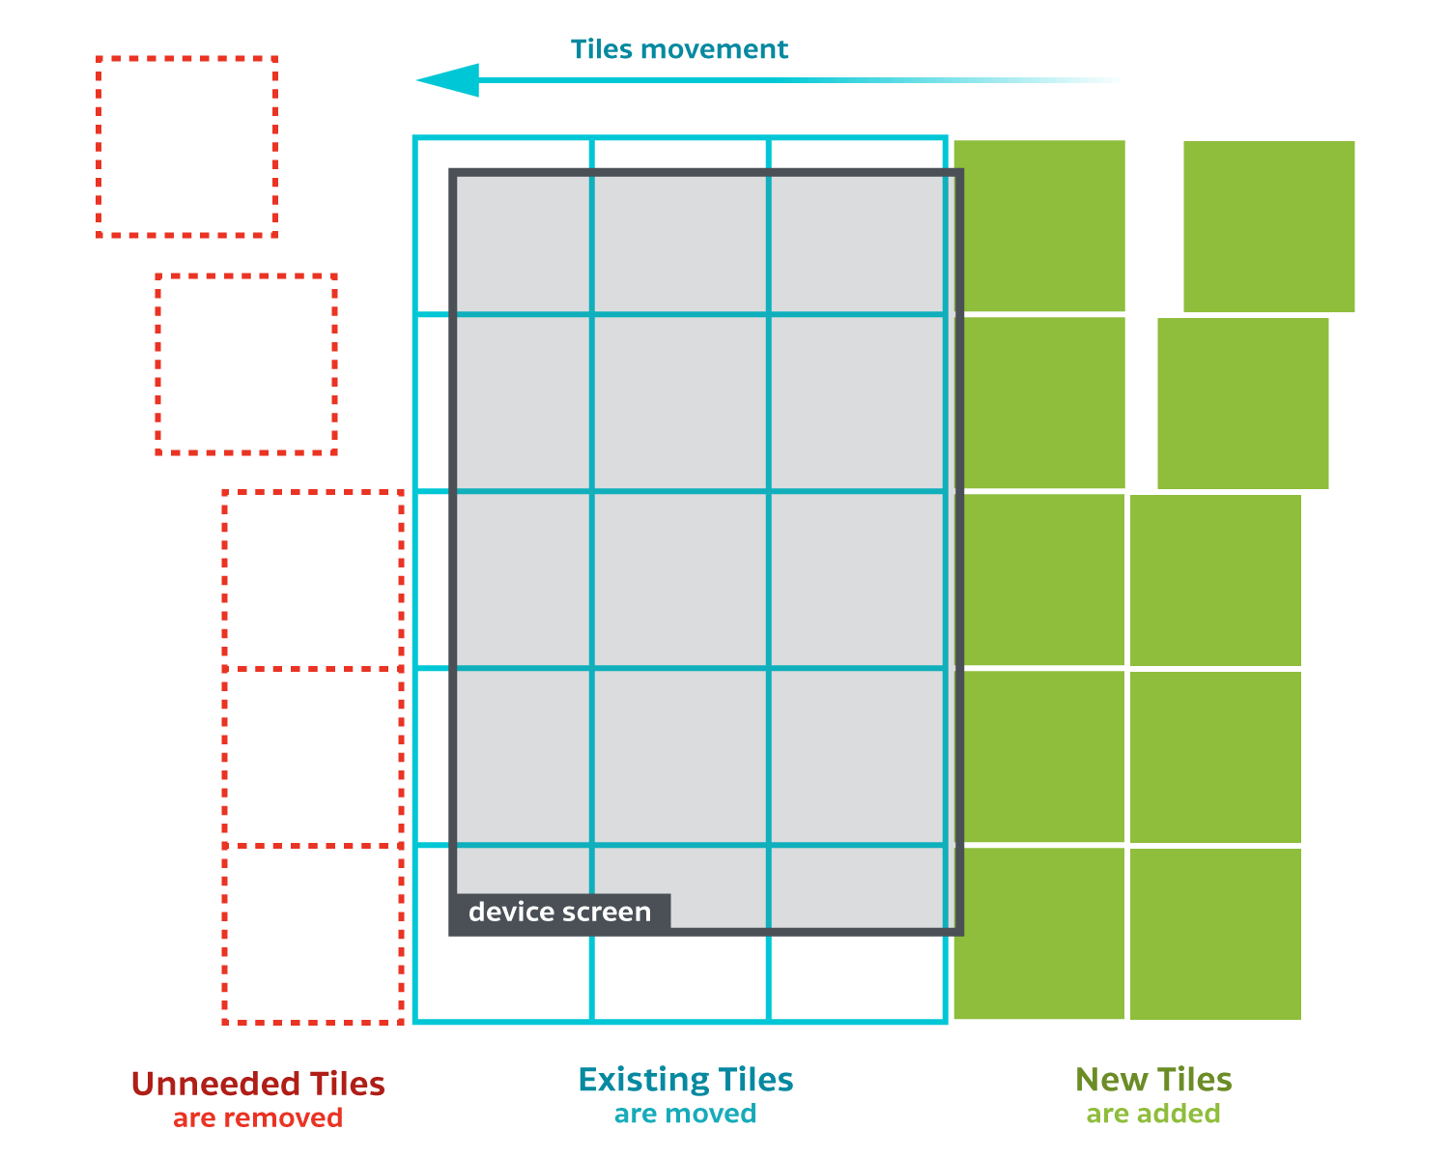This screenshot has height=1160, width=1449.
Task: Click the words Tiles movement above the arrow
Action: pyautogui.click(x=679, y=49)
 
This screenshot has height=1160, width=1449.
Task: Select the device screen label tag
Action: pyautogui.click(x=560, y=913)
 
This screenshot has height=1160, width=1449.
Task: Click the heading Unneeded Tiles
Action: pyautogui.click(x=258, y=1084)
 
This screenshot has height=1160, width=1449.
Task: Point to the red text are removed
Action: pyautogui.click(x=258, y=1118)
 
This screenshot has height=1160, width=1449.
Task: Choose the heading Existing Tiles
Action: pyautogui.click(x=686, y=1079)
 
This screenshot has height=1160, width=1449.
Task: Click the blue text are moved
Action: pyautogui.click(x=685, y=1114)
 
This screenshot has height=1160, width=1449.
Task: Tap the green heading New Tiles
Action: pyautogui.click(x=1153, y=1079)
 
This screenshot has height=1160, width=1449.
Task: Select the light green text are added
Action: pyautogui.click(x=1153, y=1114)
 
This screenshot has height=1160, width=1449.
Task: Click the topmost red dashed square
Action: pyautogui.click(x=187, y=147)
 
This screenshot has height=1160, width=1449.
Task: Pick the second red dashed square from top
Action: pyautogui.click(x=246, y=364)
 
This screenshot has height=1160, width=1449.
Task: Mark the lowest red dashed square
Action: pyautogui.click(x=313, y=934)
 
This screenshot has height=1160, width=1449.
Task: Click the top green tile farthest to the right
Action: pyautogui.click(x=1268, y=226)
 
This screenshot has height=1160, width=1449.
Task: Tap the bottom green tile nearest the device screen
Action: pyautogui.click(x=1039, y=933)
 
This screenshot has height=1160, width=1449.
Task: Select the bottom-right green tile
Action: pyautogui.click(x=1215, y=934)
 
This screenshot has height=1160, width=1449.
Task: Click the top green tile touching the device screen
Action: pyautogui.click(x=1039, y=225)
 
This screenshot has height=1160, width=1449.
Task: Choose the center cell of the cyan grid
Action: pyautogui.click(x=680, y=580)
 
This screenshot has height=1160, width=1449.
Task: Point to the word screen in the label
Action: pyautogui.click(x=608, y=913)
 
